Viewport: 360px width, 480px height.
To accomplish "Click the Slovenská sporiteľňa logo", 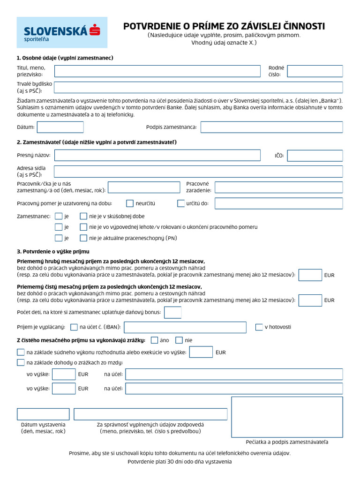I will (62, 32).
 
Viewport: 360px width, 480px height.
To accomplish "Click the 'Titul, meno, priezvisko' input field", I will (157, 71).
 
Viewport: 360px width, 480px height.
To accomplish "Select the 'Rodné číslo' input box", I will (315, 71).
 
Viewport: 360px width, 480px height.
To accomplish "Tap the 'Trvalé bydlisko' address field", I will (198, 88).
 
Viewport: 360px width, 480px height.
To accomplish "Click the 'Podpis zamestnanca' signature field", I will (271, 127).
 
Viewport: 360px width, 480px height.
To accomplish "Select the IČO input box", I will (315, 156).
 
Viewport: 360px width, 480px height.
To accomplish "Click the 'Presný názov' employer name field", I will (157, 156).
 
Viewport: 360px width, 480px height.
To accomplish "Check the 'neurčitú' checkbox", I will (130, 203).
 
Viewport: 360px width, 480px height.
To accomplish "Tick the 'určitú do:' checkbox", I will (181, 203).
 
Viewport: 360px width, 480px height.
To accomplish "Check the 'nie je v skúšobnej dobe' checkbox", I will (83, 217).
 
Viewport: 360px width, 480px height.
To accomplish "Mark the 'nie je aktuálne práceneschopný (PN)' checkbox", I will (83, 238).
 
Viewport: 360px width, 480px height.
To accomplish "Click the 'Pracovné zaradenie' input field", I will (278, 187).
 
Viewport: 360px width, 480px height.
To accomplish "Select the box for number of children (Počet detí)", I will (172, 312).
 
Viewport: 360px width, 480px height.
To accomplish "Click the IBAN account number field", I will (185, 327).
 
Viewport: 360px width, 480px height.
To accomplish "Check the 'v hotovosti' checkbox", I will (259, 327).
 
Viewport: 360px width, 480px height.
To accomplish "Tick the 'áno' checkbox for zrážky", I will (154, 340).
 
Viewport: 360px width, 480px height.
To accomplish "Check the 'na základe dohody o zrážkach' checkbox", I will (21, 362).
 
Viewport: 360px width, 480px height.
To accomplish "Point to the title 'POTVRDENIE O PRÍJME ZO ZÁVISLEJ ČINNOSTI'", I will (224, 27).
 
